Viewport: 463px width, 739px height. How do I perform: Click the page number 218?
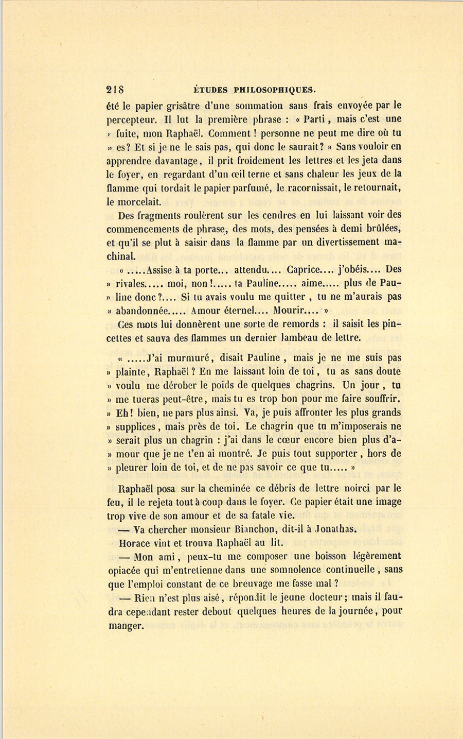(115, 89)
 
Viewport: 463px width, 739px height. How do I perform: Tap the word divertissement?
(338, 242)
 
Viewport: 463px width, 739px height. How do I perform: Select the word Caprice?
(305, 269)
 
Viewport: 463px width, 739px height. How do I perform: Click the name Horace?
(134, 542)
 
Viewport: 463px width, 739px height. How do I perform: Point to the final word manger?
(125, 626)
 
